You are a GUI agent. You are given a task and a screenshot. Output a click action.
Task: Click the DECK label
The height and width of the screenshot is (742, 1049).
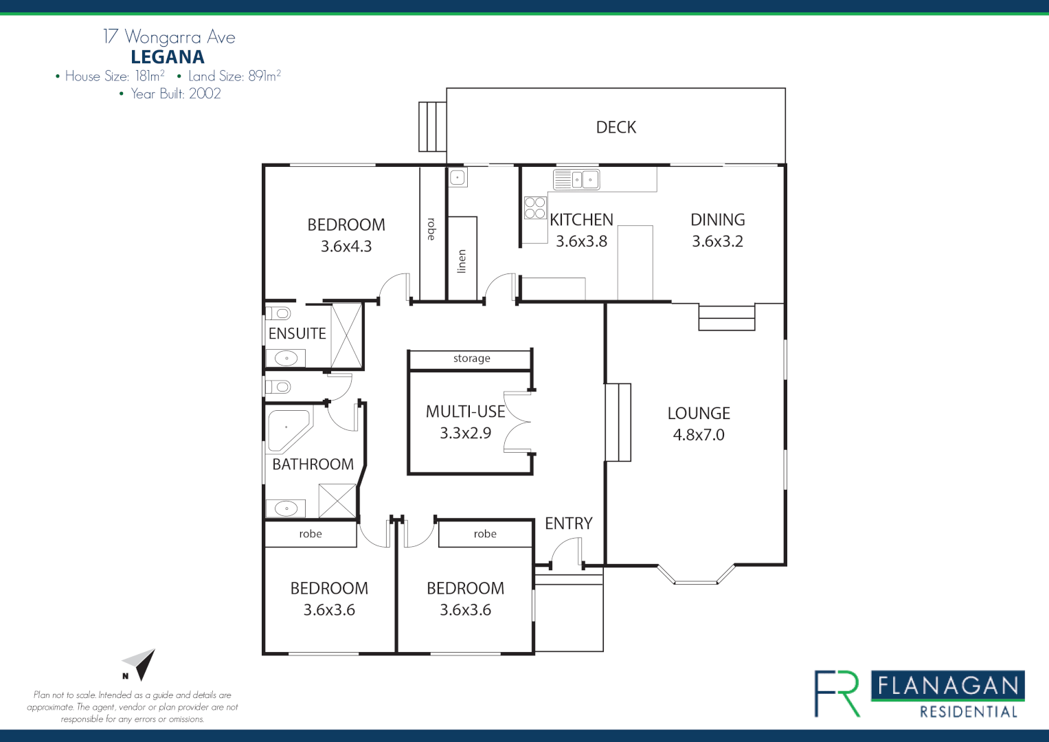(616, 127)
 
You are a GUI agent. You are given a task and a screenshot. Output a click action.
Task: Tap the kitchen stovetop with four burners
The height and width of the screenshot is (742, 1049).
(534, 207)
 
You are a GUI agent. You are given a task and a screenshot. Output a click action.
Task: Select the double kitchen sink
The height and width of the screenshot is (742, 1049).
(576, 180)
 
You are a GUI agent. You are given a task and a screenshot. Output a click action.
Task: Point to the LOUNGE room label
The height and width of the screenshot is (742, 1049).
(699, 413)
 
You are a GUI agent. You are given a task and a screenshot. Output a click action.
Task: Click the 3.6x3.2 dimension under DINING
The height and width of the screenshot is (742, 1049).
(717, 241)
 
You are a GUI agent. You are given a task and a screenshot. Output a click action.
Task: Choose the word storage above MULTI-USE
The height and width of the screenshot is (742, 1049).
(471, 359)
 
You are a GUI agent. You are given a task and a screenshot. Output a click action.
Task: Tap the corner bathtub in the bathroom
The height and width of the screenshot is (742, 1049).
(287, 429)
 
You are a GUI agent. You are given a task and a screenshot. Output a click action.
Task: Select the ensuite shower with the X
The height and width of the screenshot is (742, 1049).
(346, 335)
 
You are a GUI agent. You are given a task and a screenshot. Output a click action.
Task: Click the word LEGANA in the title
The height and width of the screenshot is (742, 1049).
(168, 57)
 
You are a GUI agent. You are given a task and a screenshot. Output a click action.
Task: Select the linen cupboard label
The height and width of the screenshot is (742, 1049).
(462, 261)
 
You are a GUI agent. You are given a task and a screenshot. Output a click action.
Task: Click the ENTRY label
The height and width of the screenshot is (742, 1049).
(568, 524)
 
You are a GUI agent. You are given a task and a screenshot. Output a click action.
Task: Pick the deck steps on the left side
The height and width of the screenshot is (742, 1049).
(432, 126)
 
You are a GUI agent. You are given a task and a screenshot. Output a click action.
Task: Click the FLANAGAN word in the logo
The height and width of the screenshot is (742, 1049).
(948, 685)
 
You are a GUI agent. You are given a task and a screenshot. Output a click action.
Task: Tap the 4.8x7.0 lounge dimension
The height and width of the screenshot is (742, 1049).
(699, 435)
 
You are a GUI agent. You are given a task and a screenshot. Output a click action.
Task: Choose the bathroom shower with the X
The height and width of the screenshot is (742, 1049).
(337, 501)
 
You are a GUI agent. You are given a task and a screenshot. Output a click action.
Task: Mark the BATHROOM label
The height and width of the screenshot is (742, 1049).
(313, 464)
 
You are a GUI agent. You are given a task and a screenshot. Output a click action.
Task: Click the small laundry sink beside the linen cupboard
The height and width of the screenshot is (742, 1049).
(458, 179)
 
